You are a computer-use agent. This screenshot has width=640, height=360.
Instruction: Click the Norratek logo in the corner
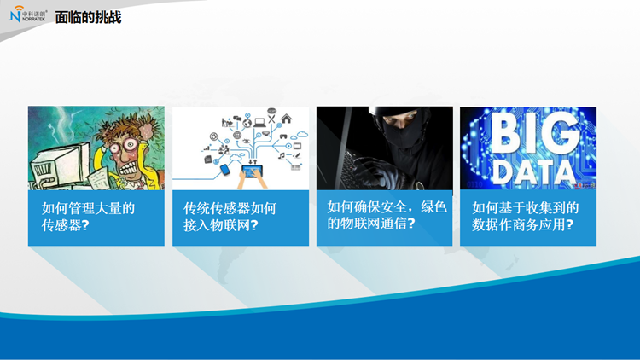click(28, 15)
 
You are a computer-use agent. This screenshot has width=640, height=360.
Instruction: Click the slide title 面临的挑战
click(88, 18)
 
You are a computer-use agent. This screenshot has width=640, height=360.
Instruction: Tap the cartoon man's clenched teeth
click(129, 168)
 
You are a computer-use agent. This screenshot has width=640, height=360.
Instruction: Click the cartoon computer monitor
click(61, 163)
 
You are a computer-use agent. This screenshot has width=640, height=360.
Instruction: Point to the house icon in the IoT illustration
click(287, 119)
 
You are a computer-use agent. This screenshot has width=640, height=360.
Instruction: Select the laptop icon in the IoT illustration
click(259, 122)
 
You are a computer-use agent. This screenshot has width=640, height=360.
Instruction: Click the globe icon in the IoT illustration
click(247, 123)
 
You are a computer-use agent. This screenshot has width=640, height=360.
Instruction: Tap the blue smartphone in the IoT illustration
click(225, 170)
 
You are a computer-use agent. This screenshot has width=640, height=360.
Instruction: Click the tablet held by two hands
click(253, 171)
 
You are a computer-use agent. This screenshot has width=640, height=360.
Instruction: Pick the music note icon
click(282, 155)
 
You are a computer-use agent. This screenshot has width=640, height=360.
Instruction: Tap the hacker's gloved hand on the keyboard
click(374, 170)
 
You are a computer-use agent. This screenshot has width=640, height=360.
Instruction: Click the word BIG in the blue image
click(535, 132)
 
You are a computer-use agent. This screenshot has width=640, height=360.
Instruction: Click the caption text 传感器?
click(66, 225)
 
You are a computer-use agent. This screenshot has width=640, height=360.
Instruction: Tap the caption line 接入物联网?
click(221, 225)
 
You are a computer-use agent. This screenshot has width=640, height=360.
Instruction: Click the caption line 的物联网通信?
click(371, 224)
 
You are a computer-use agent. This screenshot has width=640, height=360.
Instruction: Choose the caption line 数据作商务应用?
click(523, 224)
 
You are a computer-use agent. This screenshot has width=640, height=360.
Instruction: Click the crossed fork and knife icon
click(271, 119)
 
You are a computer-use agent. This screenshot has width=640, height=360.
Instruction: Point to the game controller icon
click(282, 136)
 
